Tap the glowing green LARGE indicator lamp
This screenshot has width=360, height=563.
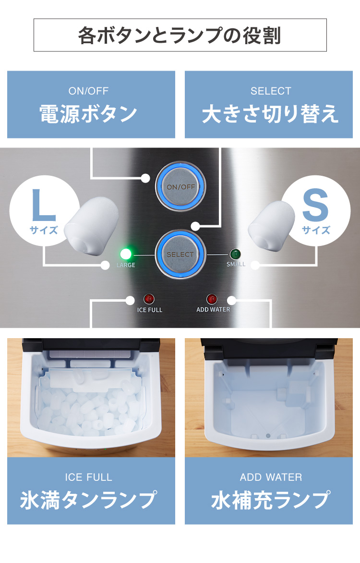[126, 254]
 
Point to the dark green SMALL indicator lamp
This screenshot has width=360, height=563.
[235, 254]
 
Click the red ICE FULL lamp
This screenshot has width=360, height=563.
[149, 299]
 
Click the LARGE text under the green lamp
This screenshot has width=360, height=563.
[126, 265]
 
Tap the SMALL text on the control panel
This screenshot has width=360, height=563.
[236, 264]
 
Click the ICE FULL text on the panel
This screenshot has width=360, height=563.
[150, 310]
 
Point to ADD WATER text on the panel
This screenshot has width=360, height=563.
[213, 310]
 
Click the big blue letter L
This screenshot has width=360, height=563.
[43, 206]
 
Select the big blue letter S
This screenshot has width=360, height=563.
[315, 207]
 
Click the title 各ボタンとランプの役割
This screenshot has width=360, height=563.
[180, 35]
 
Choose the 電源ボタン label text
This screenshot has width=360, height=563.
[88, 114]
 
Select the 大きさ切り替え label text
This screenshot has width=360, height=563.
[270, 114]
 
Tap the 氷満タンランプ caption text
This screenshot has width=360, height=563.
[88, 500]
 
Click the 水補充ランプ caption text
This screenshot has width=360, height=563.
[270, 500]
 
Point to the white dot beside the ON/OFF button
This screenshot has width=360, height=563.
[145, 178]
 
